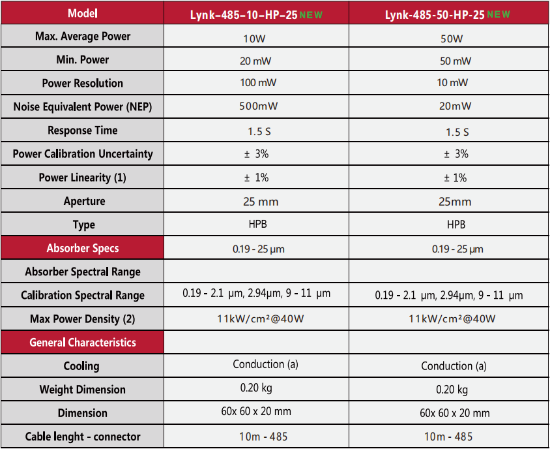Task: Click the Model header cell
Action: [x=82, y=13]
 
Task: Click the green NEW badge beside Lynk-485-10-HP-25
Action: [x=311, y=14]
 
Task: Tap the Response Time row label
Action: [x=82, y=131]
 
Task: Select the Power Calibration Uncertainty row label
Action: [x=82, y=154]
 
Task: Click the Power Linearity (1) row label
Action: [x=82, y=178]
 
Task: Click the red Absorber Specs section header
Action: [x=82, y=248]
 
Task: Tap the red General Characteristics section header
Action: [x=82, y=342]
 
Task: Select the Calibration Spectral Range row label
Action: [x=82, y=296]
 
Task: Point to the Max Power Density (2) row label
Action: [x=82, y=319]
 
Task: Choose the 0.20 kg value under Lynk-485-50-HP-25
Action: [x=452, y=390]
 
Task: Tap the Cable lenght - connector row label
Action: [x=82, y=437]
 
